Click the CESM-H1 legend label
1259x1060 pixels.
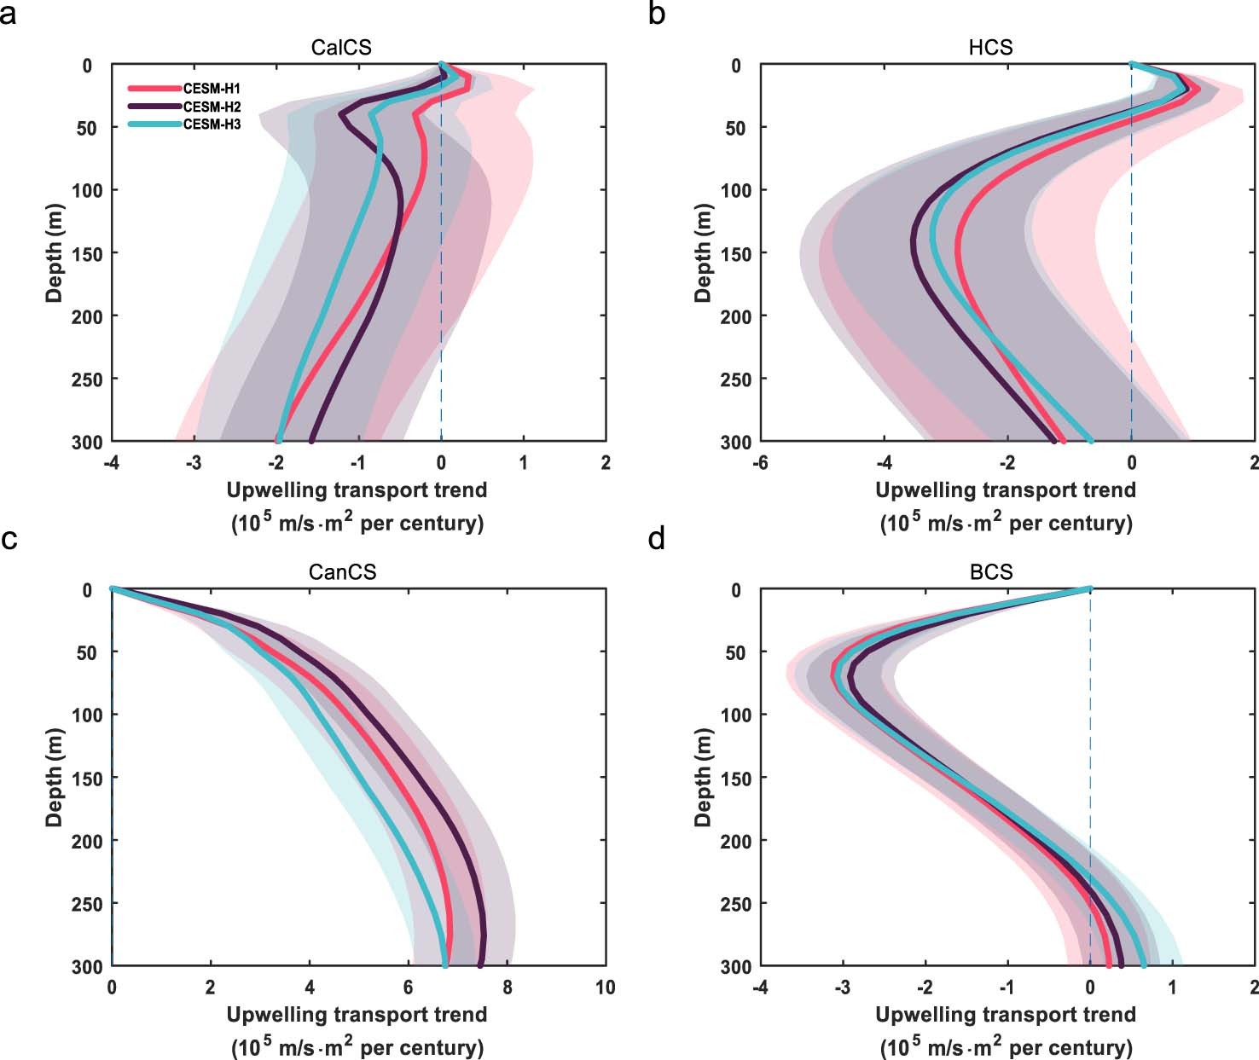click(x=212, y=88)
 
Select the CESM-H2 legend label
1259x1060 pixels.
click(x=212, y=107)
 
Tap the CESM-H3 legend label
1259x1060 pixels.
click(x=212, y=125)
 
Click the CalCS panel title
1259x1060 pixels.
click(x=341, y=47)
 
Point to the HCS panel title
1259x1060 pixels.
click(x=990, y=47)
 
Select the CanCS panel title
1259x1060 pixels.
click(x=341, y=571)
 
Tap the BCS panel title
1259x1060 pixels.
click(x=991, y=571)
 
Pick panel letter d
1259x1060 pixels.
click(x=657, y=539)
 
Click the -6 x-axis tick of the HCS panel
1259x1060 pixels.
click(x=759, y=462)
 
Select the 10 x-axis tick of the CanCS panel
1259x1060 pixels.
click(x=604, y=987)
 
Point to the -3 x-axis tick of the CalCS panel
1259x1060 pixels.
click(x=193, y=462)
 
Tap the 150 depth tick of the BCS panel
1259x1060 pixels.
click(x=734, y=778)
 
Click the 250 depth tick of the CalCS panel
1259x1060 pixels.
click(x=85, y=379)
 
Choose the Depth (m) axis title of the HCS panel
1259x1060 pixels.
click(x=704, y=252)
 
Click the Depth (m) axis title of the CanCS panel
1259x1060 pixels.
click(x=55, y=777)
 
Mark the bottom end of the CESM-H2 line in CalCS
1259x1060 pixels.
click(x=311, y=441)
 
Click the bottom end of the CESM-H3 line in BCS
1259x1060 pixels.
click(x=1143, y=965)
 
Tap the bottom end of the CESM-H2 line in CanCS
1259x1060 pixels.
click(x=480, y=965)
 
